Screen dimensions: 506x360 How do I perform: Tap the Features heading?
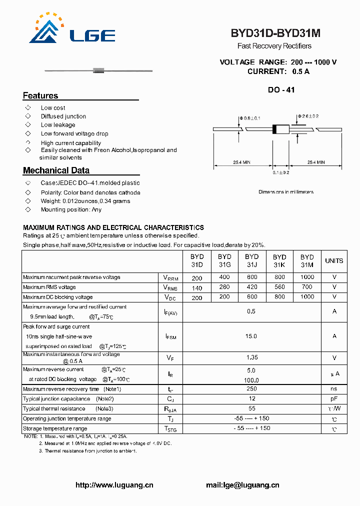click(40, 95)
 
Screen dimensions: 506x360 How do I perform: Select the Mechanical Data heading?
click(56, 170)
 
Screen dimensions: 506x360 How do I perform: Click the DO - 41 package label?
click(281, 90)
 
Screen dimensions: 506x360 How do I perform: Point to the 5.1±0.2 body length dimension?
click(281, 172)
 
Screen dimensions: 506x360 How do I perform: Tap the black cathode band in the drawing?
click(274, 129)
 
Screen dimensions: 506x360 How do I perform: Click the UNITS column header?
click(334, 261)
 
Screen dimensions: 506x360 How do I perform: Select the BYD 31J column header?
click(252, 261)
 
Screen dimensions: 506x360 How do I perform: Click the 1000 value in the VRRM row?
click(307, 277)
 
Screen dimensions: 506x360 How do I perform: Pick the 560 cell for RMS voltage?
click(279, 287)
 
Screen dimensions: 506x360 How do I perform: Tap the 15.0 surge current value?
click(251, 336)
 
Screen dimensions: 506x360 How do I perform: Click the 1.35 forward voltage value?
click(251, 357)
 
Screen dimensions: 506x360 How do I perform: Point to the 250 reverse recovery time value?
click(251, 388)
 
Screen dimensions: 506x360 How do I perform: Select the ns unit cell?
click(334, 388)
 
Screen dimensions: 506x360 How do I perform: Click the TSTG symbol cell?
click(170, 428)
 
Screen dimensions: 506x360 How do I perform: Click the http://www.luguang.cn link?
click(114, 485)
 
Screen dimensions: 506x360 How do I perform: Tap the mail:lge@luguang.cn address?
click(242, 485)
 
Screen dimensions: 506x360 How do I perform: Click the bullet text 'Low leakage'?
click(58, 125)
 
